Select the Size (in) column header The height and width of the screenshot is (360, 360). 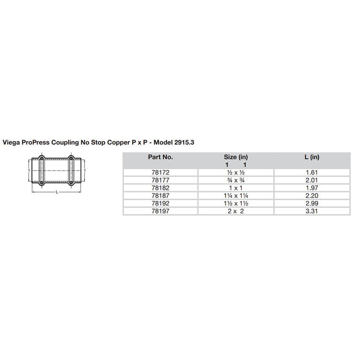click(x=236, y=157)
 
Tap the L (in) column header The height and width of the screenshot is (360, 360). click(x=311, y=157)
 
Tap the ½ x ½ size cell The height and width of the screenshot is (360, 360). click(x=236, y=173)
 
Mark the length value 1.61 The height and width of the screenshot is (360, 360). click(x=311, y=173)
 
